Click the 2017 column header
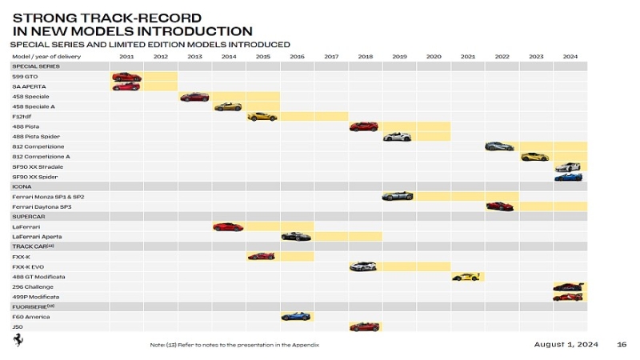coord(331,57)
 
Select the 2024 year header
coord(570,57)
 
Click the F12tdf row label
coord(22,117)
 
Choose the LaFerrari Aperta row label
coord(37,237)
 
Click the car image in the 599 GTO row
coord(126,77)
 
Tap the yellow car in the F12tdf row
coord(262,117)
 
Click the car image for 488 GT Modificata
coord(467,277)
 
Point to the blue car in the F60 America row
coord(296,317)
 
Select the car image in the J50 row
coord(365,326)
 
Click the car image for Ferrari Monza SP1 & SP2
coord(398,196)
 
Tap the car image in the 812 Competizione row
coord(500,146)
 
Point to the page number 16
coord(622,344)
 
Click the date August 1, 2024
coord(566,344)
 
